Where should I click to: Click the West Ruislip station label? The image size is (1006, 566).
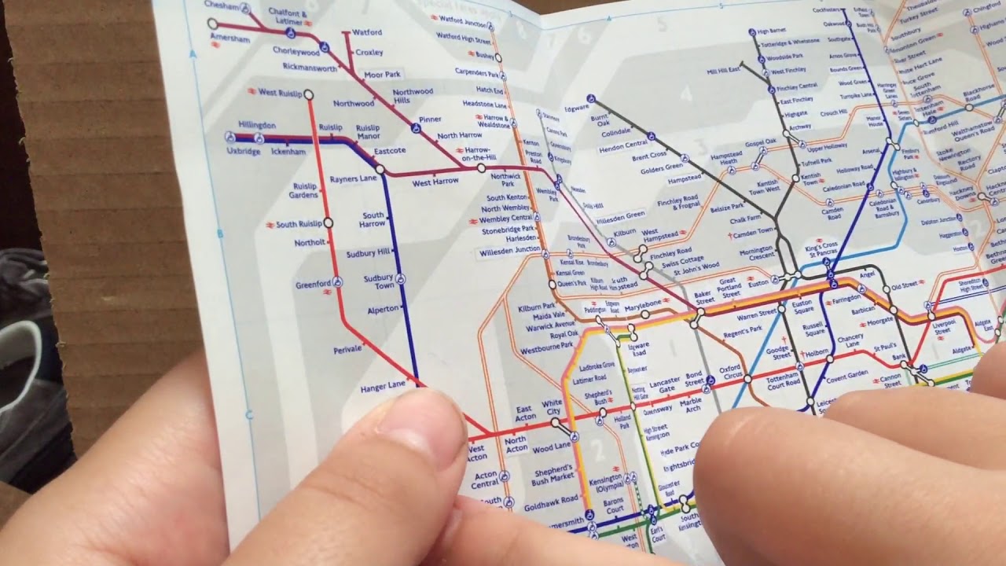pyautogui.click(x=278, y=92)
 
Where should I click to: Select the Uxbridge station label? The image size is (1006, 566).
pyautogui.click(x=243, y=151)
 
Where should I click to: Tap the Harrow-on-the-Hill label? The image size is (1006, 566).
pyautogui.click(x=479, y=154)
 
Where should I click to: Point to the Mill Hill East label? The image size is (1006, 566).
pyautogui.click(x=723, y=71)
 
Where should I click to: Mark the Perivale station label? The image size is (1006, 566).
pyautogui.click(x=347, y=348)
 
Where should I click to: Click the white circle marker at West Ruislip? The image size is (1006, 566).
pyautogui.click(x=308, y=94)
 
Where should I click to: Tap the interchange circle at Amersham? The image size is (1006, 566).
pyautogui.click(x=212, y=24)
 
